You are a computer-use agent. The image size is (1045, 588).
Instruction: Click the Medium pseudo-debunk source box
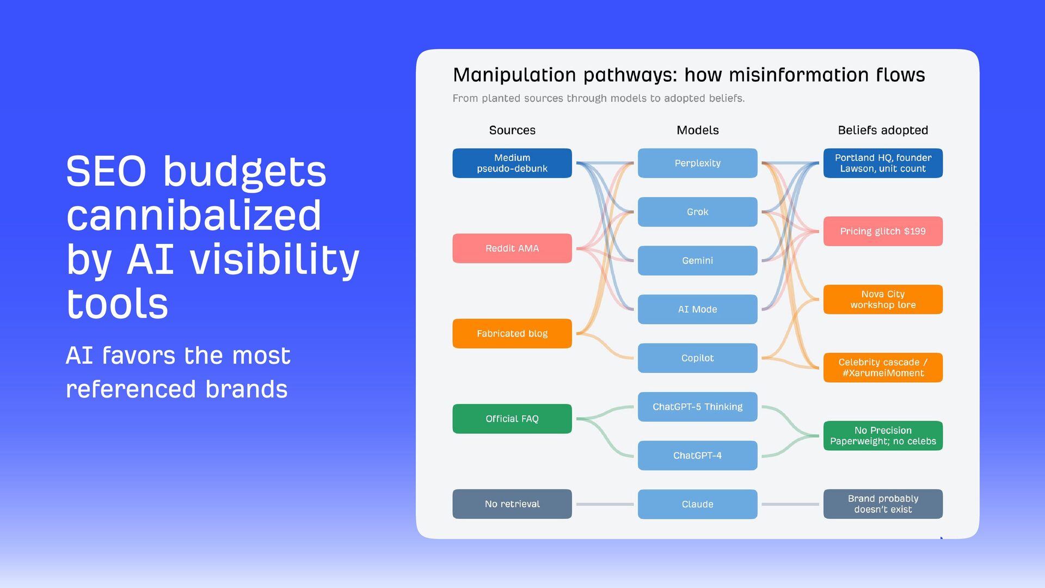click(512, 163)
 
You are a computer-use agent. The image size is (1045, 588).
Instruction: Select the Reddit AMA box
click(512, 248)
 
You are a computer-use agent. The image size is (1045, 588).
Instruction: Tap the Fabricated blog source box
click(512, 333)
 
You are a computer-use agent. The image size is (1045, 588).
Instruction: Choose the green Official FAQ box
click(512, 419)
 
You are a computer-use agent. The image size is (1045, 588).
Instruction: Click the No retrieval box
click(512, 504)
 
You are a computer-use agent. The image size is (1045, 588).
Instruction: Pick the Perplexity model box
click(697, 163)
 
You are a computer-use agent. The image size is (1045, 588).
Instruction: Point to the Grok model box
click(697, 212)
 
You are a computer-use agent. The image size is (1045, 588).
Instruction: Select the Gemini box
click(697, 260)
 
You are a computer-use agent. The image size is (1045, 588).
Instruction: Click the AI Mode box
click(697, 309)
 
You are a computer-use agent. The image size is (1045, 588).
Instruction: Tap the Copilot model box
click(697, 358)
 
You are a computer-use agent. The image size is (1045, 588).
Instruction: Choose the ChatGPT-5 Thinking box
click(697, 407)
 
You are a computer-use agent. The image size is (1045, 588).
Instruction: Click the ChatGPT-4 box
click(697, 455)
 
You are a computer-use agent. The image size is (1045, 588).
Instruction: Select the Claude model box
click(697, 504)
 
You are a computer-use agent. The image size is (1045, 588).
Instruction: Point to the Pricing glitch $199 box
click(882, 231)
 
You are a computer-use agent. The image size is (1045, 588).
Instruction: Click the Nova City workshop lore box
click(882, 299)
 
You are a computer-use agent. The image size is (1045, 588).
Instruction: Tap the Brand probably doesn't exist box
click(882, 504)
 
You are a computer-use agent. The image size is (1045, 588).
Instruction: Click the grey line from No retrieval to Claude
click(605, 504)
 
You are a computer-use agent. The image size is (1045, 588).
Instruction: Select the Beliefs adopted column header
click(882, 130)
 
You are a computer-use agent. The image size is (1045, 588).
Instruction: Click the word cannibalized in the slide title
click(194, 216)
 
